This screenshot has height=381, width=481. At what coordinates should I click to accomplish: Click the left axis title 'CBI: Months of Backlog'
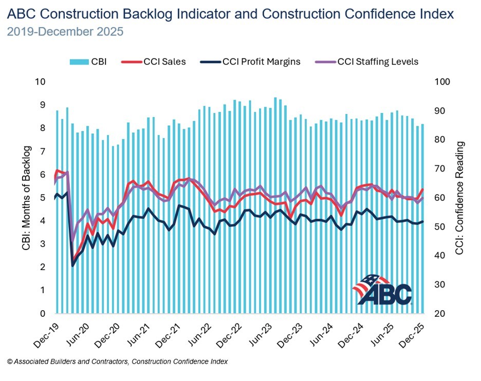click(x=27, y=198)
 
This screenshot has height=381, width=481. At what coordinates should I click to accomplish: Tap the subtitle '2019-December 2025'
click(x=65, y=32)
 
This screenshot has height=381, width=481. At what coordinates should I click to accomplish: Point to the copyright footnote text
click(x=117, y=361)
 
